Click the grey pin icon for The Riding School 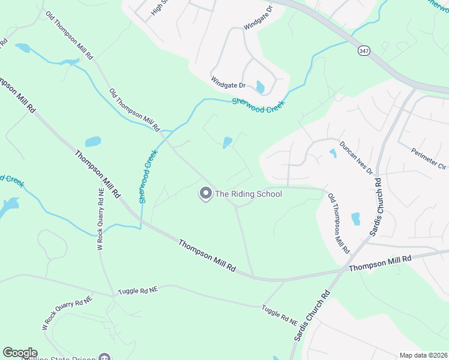[x=206, y=193]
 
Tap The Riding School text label [x=249, y=194]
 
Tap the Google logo [x=20, y=353]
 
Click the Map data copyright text [x=423, y=355]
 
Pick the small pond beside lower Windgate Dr [x=260, y=87]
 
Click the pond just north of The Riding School [x=228, y=142]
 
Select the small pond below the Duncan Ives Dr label [x=333, y=153]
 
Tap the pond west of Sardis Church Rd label [x=355, y=218]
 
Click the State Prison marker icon [x=106, y=358]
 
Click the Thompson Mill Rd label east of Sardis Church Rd [x=380, y=263]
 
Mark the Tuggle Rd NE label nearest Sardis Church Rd [x=280, y=315]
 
